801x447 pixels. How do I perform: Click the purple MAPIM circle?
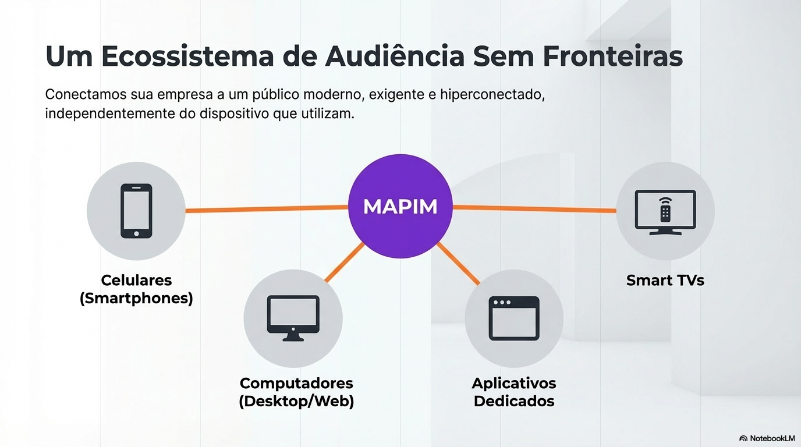400,206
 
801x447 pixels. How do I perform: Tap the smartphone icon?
136,211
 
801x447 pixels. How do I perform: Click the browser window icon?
513,318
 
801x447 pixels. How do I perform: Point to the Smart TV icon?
665,212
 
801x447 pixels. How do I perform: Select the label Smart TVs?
665,281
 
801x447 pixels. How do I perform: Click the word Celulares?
136,280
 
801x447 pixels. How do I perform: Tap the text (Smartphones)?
136,299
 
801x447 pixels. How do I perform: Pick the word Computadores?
296,384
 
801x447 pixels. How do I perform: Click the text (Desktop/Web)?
296,402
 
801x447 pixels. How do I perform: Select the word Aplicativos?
514,384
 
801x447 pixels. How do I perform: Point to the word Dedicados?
514,402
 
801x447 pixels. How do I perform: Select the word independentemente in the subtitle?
110,113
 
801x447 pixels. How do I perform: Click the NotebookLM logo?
767,438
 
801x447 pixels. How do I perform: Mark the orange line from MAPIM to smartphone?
266,208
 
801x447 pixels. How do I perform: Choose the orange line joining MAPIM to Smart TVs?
534,208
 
